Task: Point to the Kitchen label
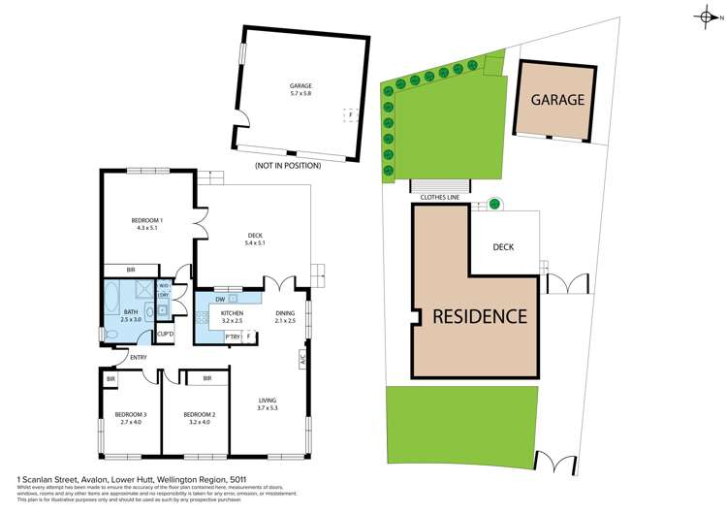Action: click(232, 313)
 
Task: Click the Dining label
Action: click(285, 313)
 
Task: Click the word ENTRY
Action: click(140, 358)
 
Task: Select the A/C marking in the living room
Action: click(303, 358)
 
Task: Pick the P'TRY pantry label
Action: click(233, 336)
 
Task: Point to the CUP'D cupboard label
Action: click(165, 335)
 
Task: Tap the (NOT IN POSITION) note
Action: click(287, 166)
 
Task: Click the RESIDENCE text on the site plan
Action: click(480, 316)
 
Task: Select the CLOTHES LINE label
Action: click(440, 197)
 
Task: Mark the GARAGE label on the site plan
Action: click(557, 100)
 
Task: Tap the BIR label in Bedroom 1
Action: click(132, 270)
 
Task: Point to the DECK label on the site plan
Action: click(503, 247)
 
